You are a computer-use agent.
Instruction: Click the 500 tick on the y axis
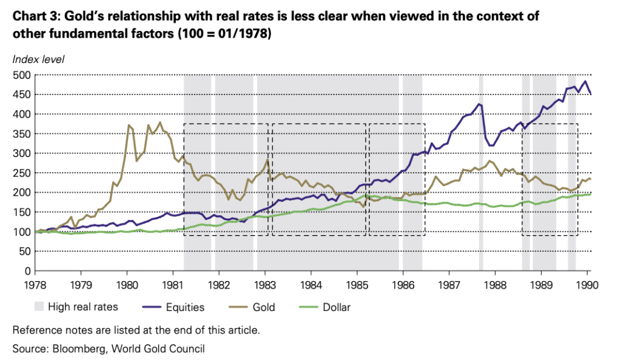pos(23,75)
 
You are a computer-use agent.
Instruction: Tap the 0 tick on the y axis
pos(29,271)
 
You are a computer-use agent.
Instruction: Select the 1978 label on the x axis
pos(35,284)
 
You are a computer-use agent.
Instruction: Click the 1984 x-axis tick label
pos(310,284)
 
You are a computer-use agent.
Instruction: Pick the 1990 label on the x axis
pos(587,284)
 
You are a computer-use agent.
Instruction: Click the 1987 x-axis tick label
pos(449,284)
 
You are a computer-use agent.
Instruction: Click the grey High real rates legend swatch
pos(39,307)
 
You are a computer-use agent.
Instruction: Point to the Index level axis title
pos(38,59)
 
